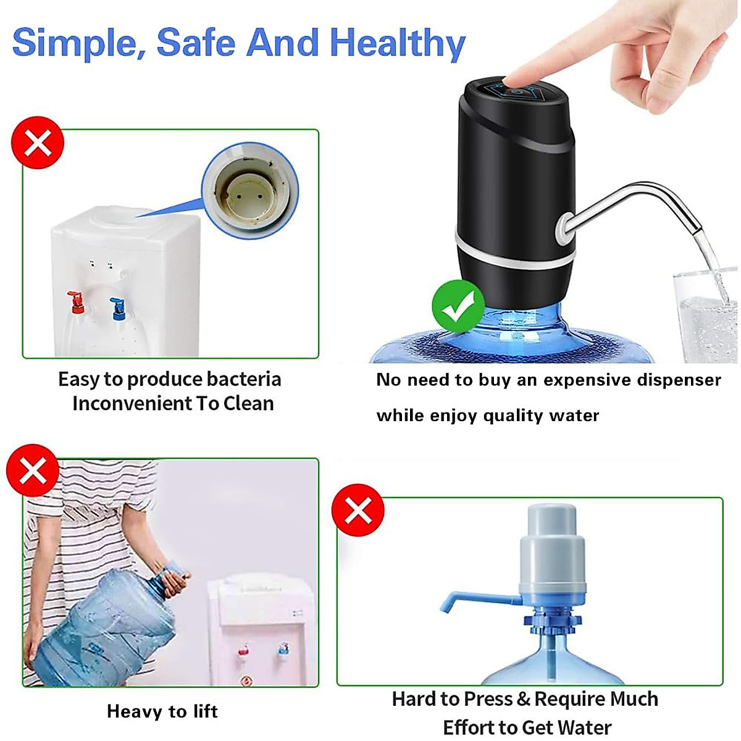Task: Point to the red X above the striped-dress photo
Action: point(33,473)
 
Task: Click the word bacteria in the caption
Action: point(243,379)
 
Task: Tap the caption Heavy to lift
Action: point(162,711)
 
